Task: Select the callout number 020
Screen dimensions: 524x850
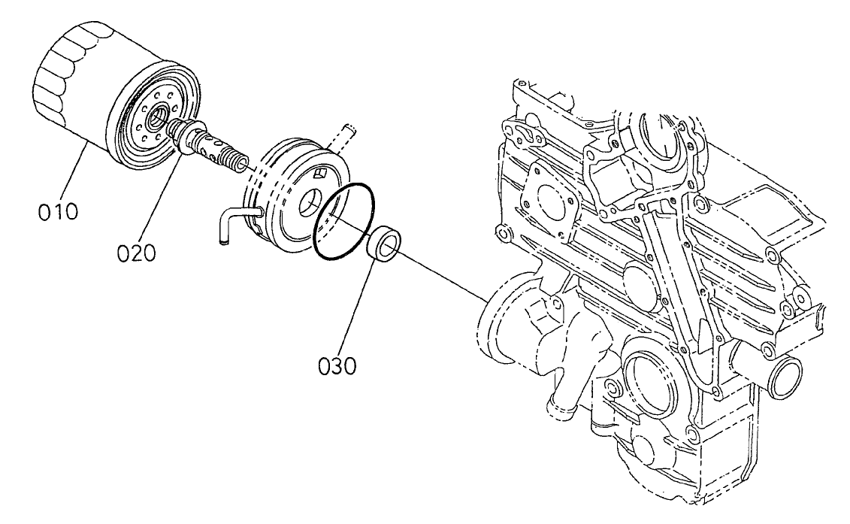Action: (136, 252)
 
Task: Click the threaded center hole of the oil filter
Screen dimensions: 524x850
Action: (159, 117)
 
